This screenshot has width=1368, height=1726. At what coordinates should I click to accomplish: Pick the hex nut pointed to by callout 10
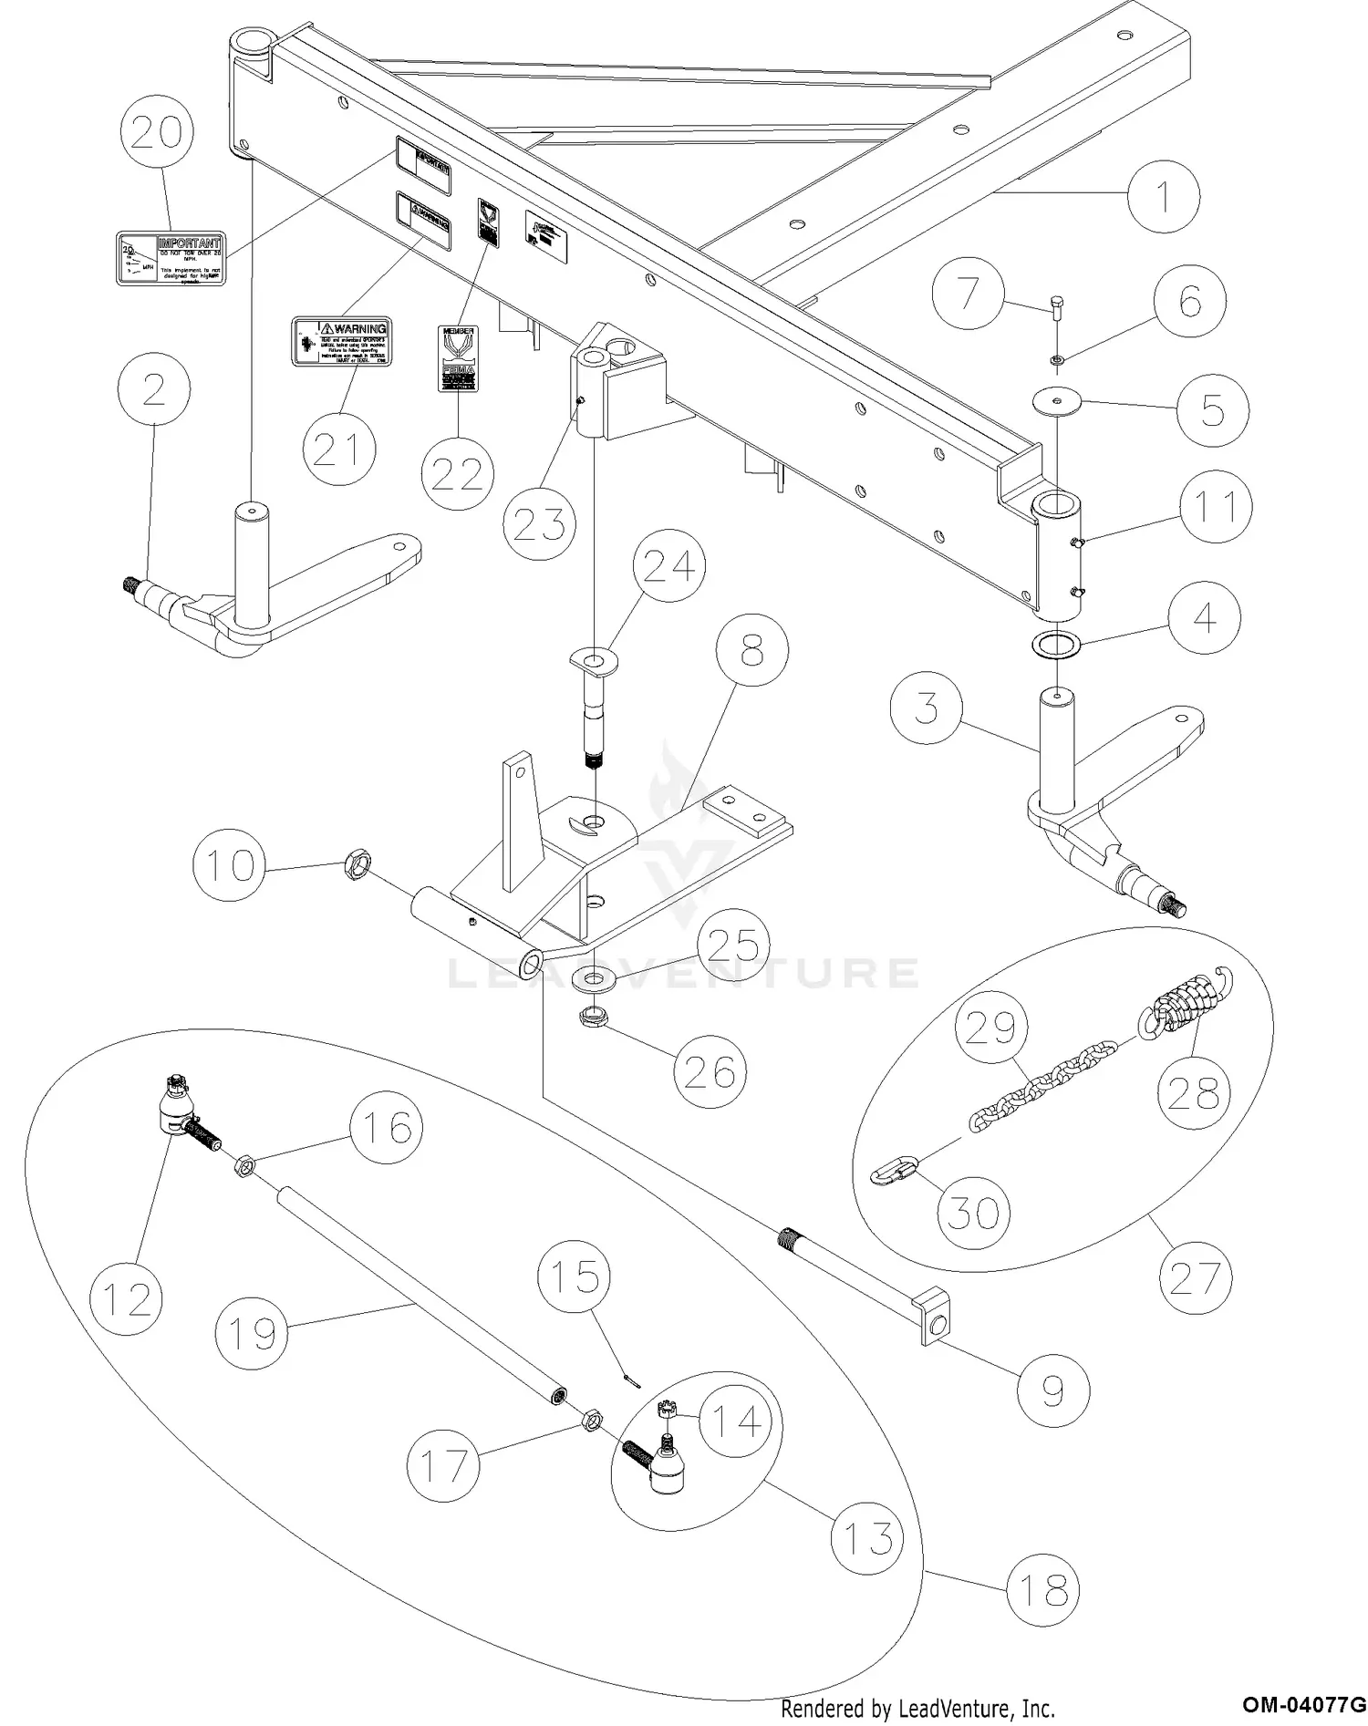click(x=357, y=863)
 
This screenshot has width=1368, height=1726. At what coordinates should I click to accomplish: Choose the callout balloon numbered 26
click(x=710, y=1072)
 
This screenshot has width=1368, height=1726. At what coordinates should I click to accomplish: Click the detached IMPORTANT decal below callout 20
click(x=171, y=258)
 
